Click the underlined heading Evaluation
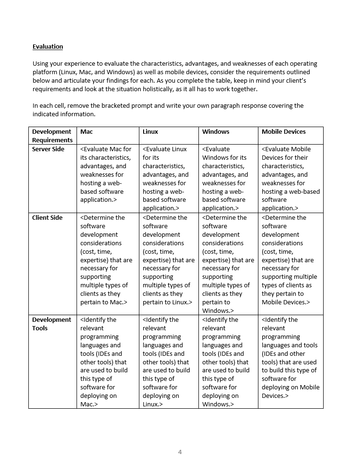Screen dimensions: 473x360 click(48, 46)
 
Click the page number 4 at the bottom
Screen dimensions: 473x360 click(180, 452)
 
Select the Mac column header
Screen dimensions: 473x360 click(86, 132)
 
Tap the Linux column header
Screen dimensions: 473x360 click(150, 132)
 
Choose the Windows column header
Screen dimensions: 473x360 click(215, 132)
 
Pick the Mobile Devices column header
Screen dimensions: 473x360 click(283, 132)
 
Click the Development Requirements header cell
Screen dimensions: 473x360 click(52, 136)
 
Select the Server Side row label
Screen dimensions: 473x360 click(48, 149)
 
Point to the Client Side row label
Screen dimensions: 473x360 click(47, 218)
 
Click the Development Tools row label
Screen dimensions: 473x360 click(51, 324)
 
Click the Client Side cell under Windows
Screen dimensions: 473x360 click(228, 264)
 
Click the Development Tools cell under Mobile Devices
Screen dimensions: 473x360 click(290, 358)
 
